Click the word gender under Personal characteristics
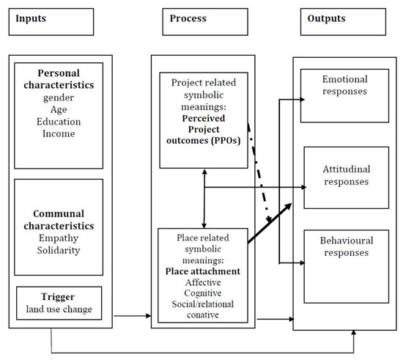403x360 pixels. [x=59, y=98]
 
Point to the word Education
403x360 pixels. [x=59, y=122]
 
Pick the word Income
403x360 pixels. [x=59, y=133]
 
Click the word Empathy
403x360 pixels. [x=59, y=238]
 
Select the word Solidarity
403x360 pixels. [x=59, y=251]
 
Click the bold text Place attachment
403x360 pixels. [x=203, y=271]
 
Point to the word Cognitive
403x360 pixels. [x=203, y=293]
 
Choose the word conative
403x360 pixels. [x=203, y=315]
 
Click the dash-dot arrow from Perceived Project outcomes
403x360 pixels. [x=259, y=173]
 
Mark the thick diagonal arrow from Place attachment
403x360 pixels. [x=270, y=223]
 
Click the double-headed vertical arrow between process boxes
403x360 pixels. [x=204, y=199]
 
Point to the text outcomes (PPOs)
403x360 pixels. [x=203, y=141]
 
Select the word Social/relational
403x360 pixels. [x=203, y=304]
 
